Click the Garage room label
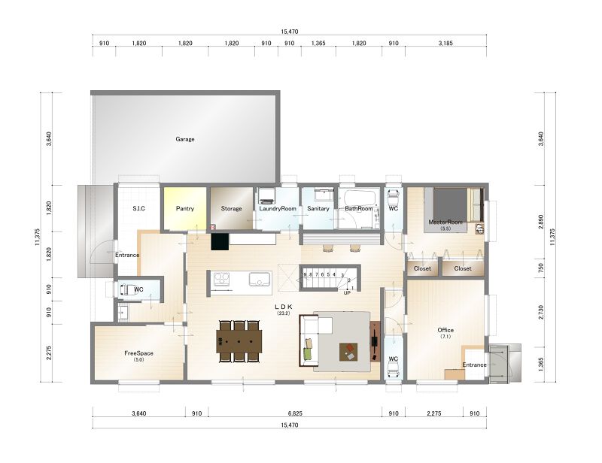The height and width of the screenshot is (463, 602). pyautogui.click(x=185, y=139)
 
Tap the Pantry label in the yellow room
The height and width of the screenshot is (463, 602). pyautogui.click(x=185, y=209)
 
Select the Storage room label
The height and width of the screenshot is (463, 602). pyautogui.click(x=231, y=209)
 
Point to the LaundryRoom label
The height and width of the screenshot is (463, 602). pyautogui.click(x=278, y=209)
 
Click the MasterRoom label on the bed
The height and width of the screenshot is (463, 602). pyautogui.click(x=445, y=222)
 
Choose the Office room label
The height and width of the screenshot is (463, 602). pyautogui.click(x=445, y=330)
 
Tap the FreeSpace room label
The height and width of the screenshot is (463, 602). pyautogui.click(x=138, y=353)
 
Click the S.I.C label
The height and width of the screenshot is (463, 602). pyautogui.click(x=138, y=209)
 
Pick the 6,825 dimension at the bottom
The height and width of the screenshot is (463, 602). pyautogui.click(x=295, y=413)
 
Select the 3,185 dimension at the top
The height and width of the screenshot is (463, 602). pyautogui.click(x=445, y=44)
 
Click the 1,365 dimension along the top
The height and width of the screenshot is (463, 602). pyautogui.click(x=318, y=44)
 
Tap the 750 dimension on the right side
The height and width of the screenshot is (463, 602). pyautogui.click(x=541, y=268)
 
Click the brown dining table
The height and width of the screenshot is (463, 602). pyautogui.click(x=239, y=341)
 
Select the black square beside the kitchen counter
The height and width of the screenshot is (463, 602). pyautogui.click(x=220, y=242)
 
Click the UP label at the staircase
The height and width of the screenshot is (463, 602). pyautogui.click(x=347, y=292)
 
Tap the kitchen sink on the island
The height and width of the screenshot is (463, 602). pyautogui.click(x=260, y=280)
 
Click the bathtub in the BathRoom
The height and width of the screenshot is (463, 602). pyautogui.click(x=359, y=198)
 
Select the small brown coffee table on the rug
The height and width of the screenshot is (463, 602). pyautogui.click(x=348, y=353)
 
